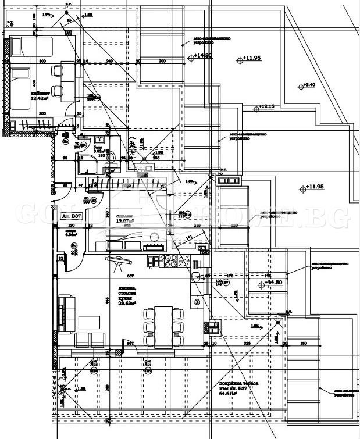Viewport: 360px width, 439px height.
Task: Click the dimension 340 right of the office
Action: click(109, 61)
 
